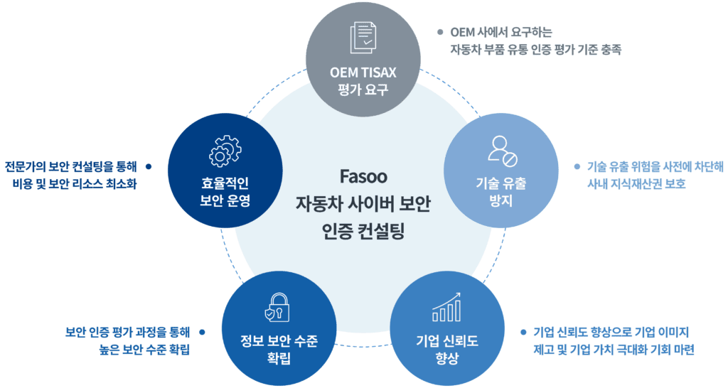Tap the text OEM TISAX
[x=363, y=73]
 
